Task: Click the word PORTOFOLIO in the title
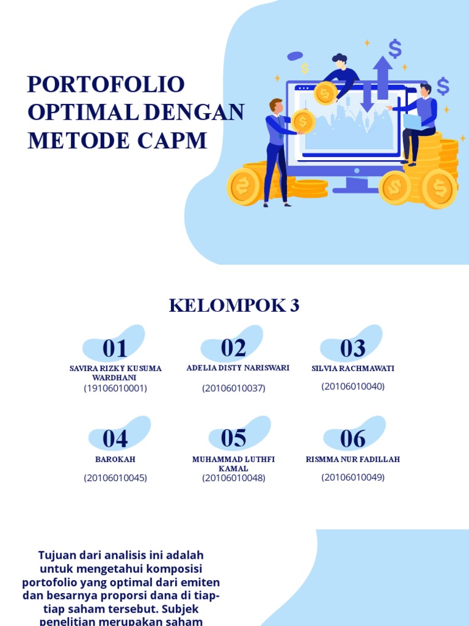[x=106, y=84]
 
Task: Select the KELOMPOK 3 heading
[x=234, y=306]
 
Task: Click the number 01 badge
[x=115, y=348]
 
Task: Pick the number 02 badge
[x=233, y=348]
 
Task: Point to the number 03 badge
[x=352, y=348]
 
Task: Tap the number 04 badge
[x=115, y=439]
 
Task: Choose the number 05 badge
[x=233, y=438]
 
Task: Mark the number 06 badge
[x=352, y=439]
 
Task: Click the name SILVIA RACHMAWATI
[x=353, y=369]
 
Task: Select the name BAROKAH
[x=115, y=459]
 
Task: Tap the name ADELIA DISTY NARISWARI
[x=238, y=368]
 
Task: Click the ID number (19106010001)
[x=115, y=388]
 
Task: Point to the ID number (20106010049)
[x=353, y=477]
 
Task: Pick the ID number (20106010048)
[x=234, y=478]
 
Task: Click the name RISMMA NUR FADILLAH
[x=353, y=459]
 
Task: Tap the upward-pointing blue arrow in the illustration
[x=383, y=76]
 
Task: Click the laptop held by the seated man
[x=412, y=122]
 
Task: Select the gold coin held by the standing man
[x=302, y=121]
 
